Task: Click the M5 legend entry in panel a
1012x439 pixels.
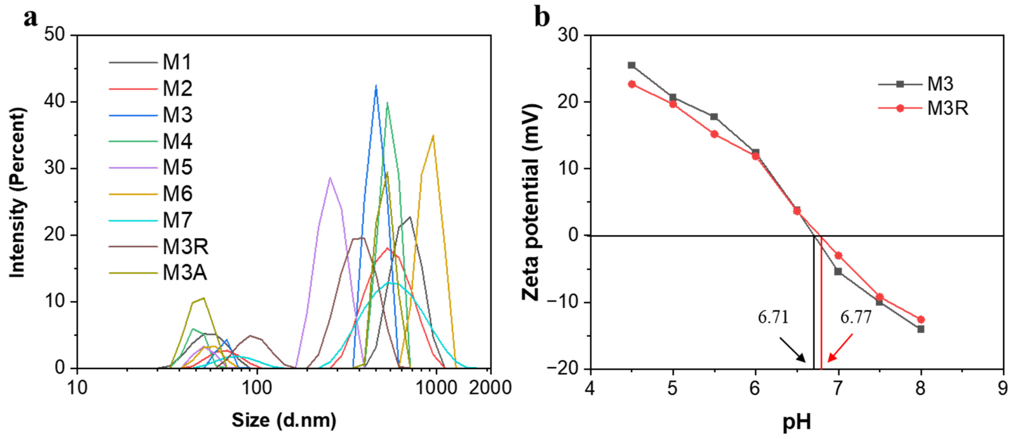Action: pos(178,168)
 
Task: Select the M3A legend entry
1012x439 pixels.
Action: pos(185,273)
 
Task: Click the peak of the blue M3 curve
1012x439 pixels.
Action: pos(376,86)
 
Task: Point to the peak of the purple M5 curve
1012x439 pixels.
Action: pos(330,178)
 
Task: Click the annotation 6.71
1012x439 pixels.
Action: pos(773,317)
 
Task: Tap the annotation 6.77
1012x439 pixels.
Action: pos(856,317)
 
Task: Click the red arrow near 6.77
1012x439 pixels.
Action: pos(840,348)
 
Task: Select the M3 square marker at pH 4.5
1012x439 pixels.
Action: pos(631,65)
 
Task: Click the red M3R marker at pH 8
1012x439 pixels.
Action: pos(921,319)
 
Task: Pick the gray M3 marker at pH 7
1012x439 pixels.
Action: pos(838,271)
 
